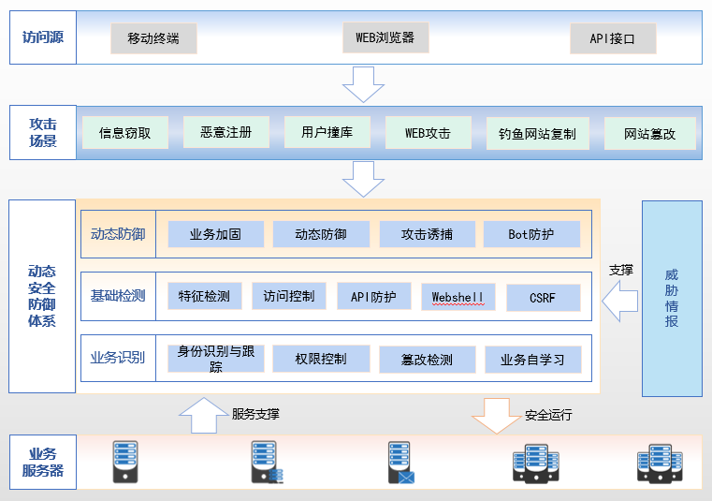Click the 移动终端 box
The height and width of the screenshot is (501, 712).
click(153, 39)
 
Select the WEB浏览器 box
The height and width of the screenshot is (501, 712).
click(385, 38)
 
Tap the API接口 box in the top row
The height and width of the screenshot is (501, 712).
click(613, 39)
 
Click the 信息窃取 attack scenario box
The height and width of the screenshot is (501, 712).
click(125, 133)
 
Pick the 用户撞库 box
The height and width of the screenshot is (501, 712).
click(327, 132)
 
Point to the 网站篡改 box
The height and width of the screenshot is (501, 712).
click(650, 134)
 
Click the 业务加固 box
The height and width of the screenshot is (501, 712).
click(215, 234)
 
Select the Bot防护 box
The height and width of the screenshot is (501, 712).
click(531, 234)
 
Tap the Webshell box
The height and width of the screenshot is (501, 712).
click(458, 297)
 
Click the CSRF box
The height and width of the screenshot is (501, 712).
click(543, 298)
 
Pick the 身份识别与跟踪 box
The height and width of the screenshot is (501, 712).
click(215, 360)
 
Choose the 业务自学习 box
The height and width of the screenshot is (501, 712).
click(532, 360)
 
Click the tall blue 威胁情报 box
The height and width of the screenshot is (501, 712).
click(671, 298)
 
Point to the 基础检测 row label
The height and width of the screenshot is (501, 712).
click(118, 297)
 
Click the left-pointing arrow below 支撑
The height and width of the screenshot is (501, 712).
click(618, 302)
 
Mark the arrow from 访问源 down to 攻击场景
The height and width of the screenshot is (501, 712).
click(363, 84)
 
